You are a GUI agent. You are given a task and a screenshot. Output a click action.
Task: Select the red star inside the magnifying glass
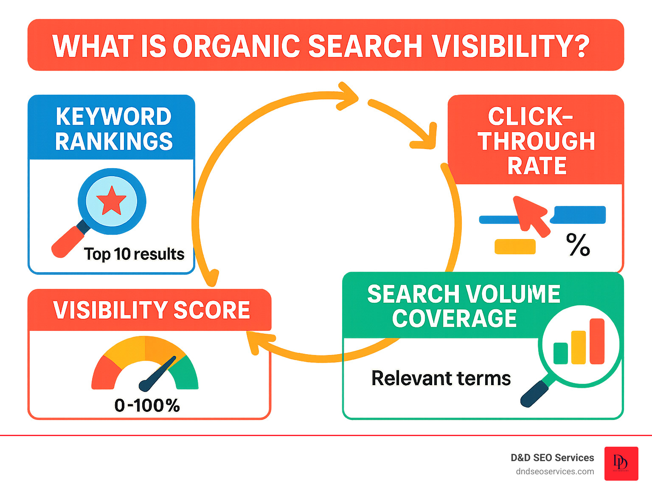coord(111,200)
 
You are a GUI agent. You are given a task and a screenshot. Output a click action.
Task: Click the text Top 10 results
coord(134,254)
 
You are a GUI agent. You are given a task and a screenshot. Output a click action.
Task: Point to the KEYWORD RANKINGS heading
coord(113,129)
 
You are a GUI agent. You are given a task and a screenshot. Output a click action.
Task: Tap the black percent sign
coord(578,245)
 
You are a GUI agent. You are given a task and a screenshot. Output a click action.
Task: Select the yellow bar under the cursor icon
coord(515,247)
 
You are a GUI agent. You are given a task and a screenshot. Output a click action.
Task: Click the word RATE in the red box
coord(537,166)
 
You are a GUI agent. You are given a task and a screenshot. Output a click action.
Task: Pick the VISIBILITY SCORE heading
coord(151,310)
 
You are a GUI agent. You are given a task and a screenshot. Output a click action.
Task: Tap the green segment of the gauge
coord(185,374)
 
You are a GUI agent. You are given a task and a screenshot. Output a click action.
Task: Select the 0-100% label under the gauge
coord(147,406)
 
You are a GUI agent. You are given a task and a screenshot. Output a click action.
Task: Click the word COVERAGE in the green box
coord(454,318)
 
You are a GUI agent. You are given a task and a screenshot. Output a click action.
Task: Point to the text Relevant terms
coord(441,378)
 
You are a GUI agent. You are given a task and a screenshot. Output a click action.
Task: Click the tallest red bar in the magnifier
coord(596,341)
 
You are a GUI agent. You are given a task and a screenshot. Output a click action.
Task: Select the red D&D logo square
coord(621,463)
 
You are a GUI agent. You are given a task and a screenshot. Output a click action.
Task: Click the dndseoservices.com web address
coord(554,471)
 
